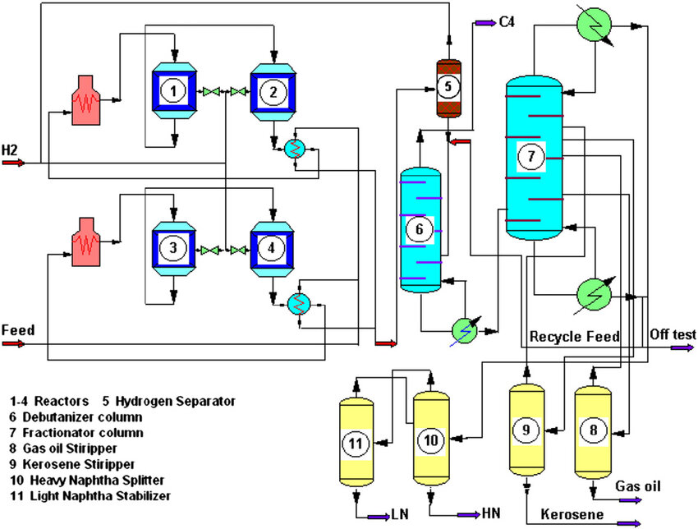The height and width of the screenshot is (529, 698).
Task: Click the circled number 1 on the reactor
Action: [173, 91]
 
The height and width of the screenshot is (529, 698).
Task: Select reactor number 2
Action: [271, 91]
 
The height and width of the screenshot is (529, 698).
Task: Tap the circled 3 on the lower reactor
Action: [173, 246]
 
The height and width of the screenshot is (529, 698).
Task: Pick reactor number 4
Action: [271, 246]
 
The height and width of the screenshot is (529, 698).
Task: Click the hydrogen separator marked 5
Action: [448, 85]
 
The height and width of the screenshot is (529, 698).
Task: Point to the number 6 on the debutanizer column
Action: [420, 229]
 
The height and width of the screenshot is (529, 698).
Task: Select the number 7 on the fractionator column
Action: [531, 155]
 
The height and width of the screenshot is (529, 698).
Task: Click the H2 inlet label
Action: [11, 149]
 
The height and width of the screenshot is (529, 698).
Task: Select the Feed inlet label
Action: [17, 330]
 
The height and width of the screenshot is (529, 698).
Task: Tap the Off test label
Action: [673, 334]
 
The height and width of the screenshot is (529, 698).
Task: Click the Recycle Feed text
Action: [574, 337]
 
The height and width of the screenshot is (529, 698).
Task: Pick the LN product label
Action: [400, 514]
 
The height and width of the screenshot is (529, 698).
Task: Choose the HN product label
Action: [491, 514]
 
